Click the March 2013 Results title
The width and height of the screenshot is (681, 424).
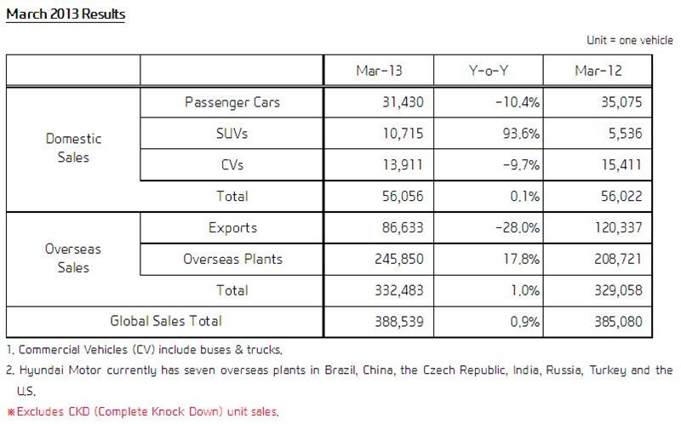pyautogui.click(x=65, y=14)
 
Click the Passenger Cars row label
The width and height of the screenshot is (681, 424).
pyautogui.click(x=232, y=103)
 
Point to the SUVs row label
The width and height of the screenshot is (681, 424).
pyautogui.click(x=232, y=134)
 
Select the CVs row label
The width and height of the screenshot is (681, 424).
pyautogui.click(x=232, y=165)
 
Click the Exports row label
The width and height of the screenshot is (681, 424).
pyautogui.click(x=232, y=228)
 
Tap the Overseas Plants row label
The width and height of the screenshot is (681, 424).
pyautogui.click(x=232, y=259)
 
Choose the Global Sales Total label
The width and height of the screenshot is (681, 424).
pyautogui.click(x=166, y=321)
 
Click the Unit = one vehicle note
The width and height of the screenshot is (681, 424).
pyautogui.click(x=630, y=40)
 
